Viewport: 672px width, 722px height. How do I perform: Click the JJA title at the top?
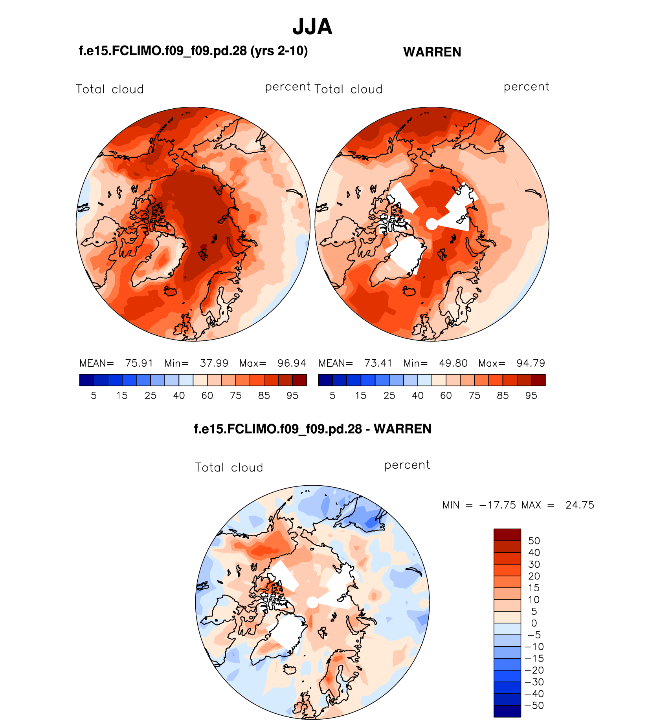pyautogui.click(x=312, y=27)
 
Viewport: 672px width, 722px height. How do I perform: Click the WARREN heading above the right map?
pyautogui.click(x=432, y=52)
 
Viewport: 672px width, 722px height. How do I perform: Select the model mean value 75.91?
pyautogui.click(x=139, y=363)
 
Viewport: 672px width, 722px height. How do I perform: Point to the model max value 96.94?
pyautogui.click(x=292, y=363)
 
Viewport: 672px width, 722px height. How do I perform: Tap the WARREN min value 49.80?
pyautogui.click(x=453, y=363)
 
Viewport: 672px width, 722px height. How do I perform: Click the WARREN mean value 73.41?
pyautogui.click(x=378, y=363)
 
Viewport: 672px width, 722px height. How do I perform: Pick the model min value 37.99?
pyautogui.click(x=214, y=363)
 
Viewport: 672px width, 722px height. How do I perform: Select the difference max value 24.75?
pyautogui.click(x=580, y=505)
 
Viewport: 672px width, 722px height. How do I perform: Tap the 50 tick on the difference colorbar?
pyautogui.click(x=534, y=541)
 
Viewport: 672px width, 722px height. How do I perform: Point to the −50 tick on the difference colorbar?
pyautogui.click(x=534, y=706)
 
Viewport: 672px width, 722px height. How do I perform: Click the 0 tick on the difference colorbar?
pyautogui.click(x=534, y=623)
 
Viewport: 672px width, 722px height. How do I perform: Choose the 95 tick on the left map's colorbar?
pyautogui.click(x=292, y=396)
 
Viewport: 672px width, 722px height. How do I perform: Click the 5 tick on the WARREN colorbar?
pyautogui.click(x=332, y=396)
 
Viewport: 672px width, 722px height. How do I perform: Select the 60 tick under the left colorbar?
pyautogui.click(x=207, y=396)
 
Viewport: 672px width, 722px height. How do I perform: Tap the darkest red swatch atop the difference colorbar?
pyautogui.click(x=507, y=535)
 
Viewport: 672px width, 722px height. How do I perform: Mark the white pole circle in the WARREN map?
pyautogui.click(x=432, y=224)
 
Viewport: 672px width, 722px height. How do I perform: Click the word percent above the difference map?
pyautogui.click(x=407, y=465)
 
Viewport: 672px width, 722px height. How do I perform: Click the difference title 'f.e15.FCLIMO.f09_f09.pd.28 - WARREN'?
pyautogui.click(x=312, y=429)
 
